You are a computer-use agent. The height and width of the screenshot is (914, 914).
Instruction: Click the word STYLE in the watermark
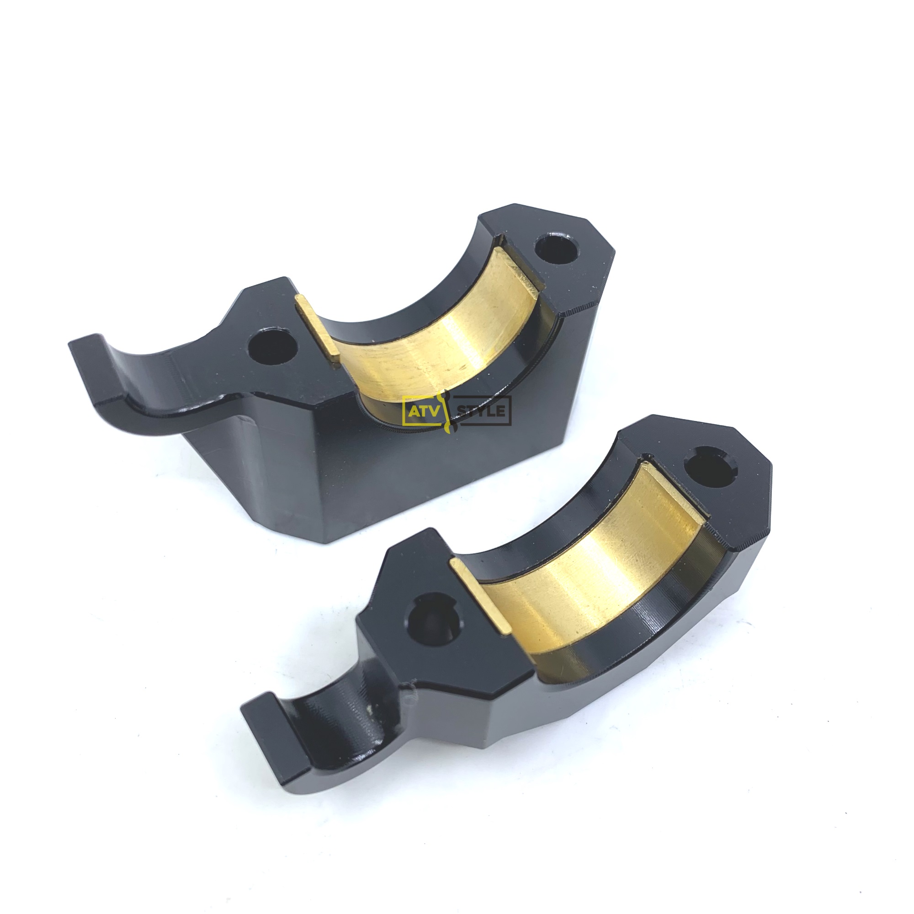pos(482,411)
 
